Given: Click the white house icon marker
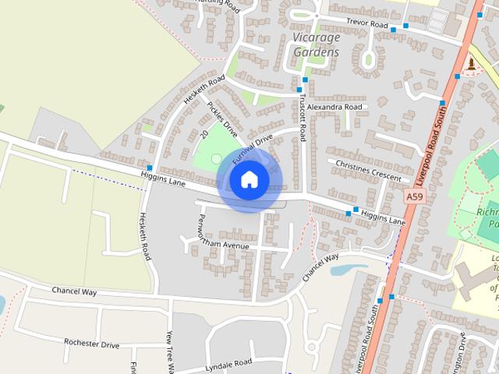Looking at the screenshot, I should (249, 180).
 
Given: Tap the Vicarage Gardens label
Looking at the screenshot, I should (317, 44).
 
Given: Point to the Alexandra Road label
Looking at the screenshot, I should (334, 107).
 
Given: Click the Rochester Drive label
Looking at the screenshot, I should (91, 344).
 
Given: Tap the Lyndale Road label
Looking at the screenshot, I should (227, 363).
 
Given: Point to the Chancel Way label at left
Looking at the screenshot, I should (73, 291).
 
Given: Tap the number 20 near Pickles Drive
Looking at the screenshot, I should (204, 134).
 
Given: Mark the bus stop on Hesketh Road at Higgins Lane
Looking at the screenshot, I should (149, 168).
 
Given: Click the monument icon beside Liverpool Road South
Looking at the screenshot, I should (470, 64).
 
